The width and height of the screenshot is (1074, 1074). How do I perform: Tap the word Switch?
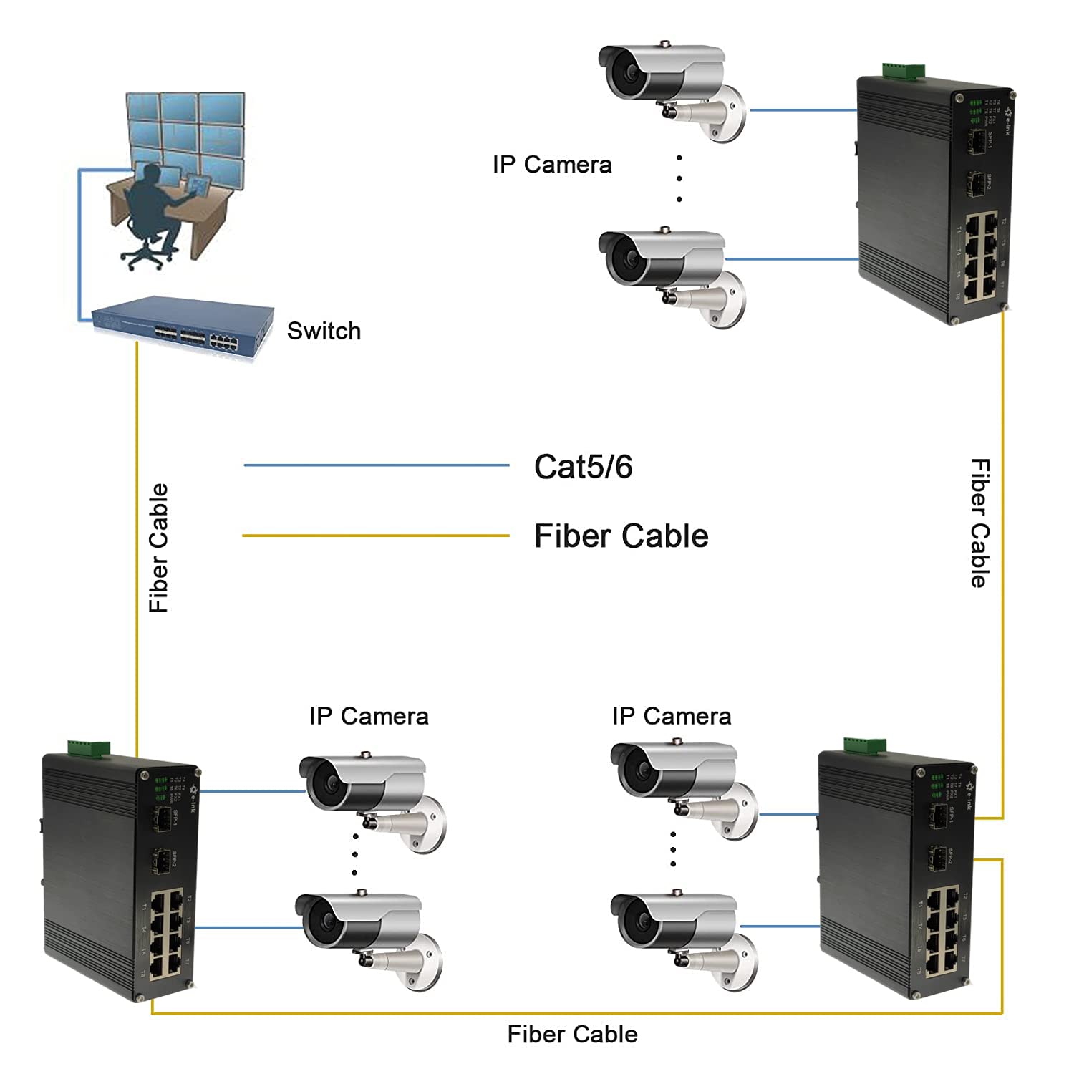(324, 331)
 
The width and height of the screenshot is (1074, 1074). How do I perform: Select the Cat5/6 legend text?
(583, 467)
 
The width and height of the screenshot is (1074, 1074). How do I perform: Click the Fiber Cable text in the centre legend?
(621, 536)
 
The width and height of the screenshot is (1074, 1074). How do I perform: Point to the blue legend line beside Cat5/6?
(376, 465)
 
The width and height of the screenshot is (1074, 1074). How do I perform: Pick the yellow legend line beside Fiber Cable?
(376, 536)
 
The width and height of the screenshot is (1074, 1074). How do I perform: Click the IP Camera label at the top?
(552, 165)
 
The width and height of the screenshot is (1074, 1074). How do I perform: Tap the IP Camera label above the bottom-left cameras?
(369, 716)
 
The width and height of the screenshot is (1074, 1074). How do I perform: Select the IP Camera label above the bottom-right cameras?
(671, 716)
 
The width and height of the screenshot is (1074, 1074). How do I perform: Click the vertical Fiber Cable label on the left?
(158, 548)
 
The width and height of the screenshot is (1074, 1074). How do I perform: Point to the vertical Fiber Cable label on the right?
(979, 523)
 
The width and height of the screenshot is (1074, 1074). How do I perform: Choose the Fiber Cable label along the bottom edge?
(572, 1034)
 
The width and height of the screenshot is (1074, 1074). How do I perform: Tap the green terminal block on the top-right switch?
(904, 71)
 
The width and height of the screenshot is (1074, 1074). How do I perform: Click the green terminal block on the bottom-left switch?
(89, 748)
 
